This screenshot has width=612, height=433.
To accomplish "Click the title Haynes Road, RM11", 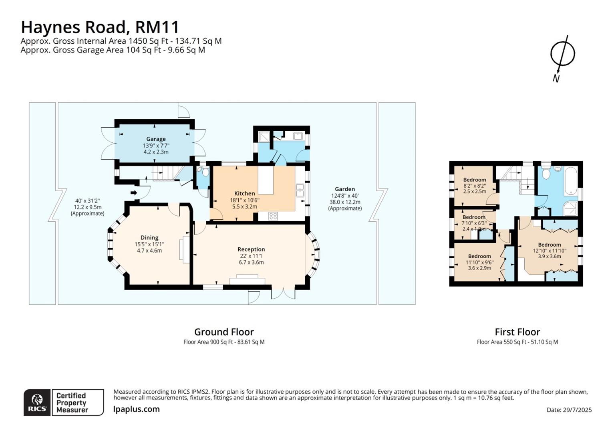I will [100, 27].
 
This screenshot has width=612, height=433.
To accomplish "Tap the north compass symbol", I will [562, 54].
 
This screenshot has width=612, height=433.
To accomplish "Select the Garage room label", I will [156, 139].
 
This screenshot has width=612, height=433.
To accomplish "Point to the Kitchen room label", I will [244, 193].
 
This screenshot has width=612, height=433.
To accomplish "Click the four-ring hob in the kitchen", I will [273, 216].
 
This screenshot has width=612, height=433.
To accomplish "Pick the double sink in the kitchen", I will [300, 190].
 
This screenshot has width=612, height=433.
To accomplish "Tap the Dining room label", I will [149, 238].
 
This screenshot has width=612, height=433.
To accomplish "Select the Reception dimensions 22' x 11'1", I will [251, 256].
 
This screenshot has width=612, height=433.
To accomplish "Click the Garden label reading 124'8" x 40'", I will [345, 196].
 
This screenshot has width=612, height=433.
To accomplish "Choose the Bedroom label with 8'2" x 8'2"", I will [475, 180].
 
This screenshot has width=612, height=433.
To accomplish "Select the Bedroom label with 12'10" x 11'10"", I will [550, 245].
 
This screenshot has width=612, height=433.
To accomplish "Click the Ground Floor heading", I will [224, 332].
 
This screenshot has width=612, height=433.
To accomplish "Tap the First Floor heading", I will [517, 332].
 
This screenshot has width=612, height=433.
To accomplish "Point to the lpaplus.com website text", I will [137, 409].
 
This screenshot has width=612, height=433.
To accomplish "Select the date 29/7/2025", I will [569, 410].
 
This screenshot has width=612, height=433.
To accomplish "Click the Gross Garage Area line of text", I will [113, 50].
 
